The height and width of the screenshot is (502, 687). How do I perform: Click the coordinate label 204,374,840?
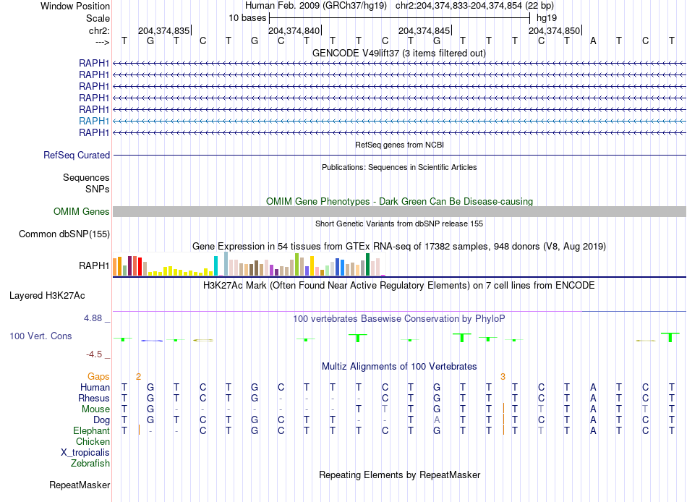(x=294, y=30)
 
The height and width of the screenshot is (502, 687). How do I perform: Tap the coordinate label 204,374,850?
(x=554, y=30)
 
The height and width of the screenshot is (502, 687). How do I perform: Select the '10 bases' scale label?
(x=247, y=17)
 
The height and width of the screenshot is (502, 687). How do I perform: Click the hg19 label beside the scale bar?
(x=545, y=17)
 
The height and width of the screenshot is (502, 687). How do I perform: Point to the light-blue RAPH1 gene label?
(x=94, y=121)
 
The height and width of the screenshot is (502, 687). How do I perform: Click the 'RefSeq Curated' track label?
(x=77, y=155)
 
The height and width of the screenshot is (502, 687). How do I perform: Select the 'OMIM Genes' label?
(x=82, y=212)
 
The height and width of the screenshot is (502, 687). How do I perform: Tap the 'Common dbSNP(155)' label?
(x=64, y=234)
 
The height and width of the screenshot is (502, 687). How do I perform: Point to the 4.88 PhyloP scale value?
(x=96, y=318)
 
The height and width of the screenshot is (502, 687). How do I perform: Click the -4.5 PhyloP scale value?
(x=97, y=354)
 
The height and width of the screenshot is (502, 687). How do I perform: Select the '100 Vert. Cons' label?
(x=40, y=336)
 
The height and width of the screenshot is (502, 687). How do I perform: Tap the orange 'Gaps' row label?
(x=98, y=376)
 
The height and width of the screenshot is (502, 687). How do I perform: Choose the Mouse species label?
(x=95, y=409)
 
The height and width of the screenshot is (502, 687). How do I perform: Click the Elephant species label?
(x=90, y=431)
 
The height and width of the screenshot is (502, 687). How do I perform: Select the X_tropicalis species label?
(x=85, y=452)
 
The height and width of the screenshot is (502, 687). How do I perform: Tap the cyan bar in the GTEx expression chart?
(x=216, y=266)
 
